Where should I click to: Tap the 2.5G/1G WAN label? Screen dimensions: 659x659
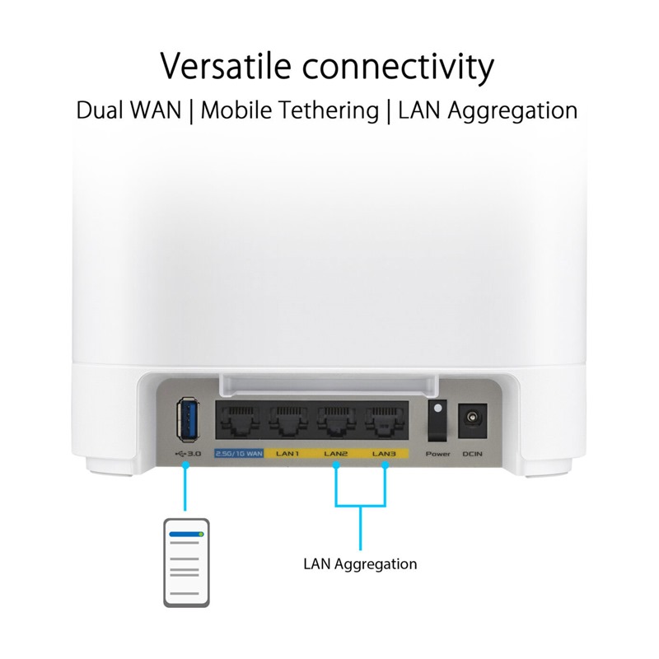pyautogui.click(x=237, y=454)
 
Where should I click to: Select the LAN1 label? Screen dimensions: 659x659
pyautogui.click(x=287, y=454)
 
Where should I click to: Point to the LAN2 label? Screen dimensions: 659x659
pyautogui.click(x=336, y=454)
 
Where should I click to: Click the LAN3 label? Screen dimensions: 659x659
pyautogui.click(x=385, y=454)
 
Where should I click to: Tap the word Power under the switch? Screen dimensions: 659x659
pyautogui.click(x=437, y=454)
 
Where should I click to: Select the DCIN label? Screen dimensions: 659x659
pyautogui.click(x=473, y=454)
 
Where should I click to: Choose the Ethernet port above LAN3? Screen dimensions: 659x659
pyautogui.click(x=384, y=422)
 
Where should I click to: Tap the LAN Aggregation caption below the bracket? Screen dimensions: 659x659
pyautogui.click(x=360, y=564)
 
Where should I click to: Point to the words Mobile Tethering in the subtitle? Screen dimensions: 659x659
pyautogui.click(x=288, y=110)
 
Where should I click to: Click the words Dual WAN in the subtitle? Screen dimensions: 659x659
pyautogui.click(x=127, y=110)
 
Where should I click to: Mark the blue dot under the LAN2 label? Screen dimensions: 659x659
pyautogui.click(x=336, y=465)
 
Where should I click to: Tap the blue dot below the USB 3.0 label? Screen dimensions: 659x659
pyautogui.click(x=186, y=465)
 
